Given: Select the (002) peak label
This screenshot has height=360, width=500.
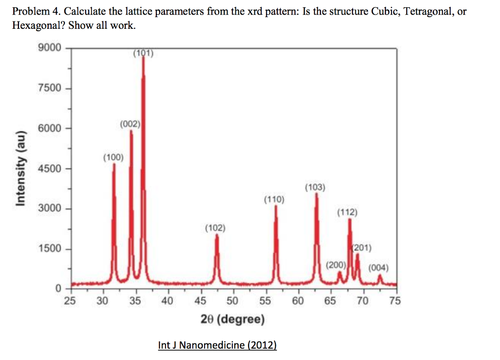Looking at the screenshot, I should tap(130, 124).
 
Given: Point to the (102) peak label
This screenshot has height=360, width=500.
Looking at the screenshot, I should tap(215, 228).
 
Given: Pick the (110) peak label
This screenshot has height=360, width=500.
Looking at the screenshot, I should tap(274, 199).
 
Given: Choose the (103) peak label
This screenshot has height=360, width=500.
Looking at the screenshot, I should tap(315, 187).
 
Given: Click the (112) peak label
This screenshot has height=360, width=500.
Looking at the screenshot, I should tap(347, 212).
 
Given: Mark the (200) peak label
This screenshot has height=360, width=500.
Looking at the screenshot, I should tap(336, 265).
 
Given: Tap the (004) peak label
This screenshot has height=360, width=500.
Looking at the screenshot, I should tap(378, 268).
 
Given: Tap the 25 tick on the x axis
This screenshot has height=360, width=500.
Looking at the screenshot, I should tap(70, 300).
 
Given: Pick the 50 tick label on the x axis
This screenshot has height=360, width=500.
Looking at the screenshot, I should tap(232, 300).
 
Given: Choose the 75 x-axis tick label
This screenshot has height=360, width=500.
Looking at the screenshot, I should tap(395, 300).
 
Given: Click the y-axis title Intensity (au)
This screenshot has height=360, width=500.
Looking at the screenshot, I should tap(21, 169).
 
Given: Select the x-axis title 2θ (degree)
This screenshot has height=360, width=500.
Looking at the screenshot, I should tap(232, 320).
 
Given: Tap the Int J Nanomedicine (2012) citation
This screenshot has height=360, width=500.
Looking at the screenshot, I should tap(217, 345).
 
